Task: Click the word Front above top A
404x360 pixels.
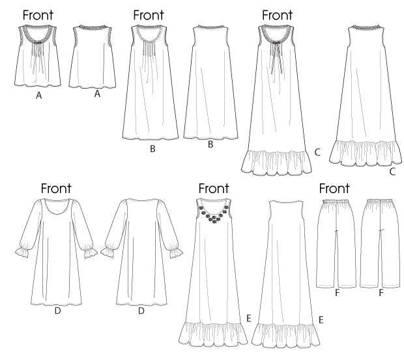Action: pos(38,15)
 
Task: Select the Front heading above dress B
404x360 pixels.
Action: pos(149,15)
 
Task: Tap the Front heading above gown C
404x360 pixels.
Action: pos(277,15)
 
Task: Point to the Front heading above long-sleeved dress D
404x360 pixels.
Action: pos(56,188)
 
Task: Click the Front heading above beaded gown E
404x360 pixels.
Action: pos(214,188)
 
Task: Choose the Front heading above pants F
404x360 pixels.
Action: pos(334,188)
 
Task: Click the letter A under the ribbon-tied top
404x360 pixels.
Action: pos(38,95)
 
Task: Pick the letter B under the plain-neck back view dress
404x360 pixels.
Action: pos(210,144)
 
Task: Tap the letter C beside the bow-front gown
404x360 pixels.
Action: pos(317,152)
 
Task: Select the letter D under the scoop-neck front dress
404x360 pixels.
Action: pos(57,310)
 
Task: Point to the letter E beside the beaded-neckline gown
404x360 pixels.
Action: pos(249,318)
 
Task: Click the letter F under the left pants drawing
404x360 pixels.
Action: pos(337,293)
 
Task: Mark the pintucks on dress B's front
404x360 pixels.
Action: pos(149,51)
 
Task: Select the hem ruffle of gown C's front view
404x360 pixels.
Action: pos(276,163)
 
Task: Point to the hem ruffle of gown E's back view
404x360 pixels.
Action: pos(286,335)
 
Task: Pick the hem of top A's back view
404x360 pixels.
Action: pos(93,86)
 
